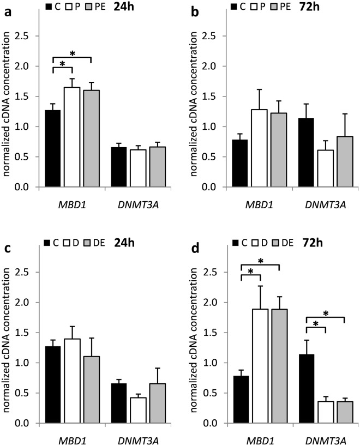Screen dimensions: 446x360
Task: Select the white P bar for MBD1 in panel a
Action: [x=72, y=137]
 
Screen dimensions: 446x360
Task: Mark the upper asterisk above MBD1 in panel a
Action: [x=72, y=55]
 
